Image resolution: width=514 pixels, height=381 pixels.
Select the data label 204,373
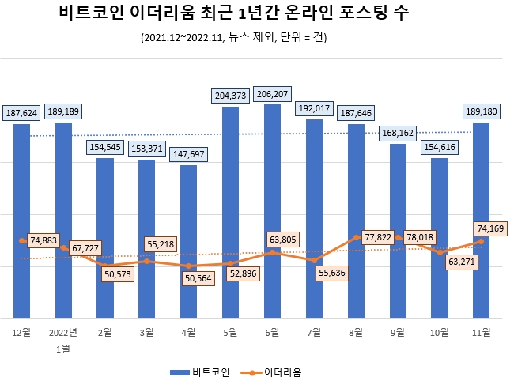[230, 96]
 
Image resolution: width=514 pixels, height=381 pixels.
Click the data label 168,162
[398, 134]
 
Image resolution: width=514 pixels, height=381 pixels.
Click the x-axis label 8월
[356, 331]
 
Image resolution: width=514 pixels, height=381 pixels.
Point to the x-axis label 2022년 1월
[63, 339]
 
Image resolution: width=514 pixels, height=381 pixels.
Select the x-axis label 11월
[481, 331]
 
